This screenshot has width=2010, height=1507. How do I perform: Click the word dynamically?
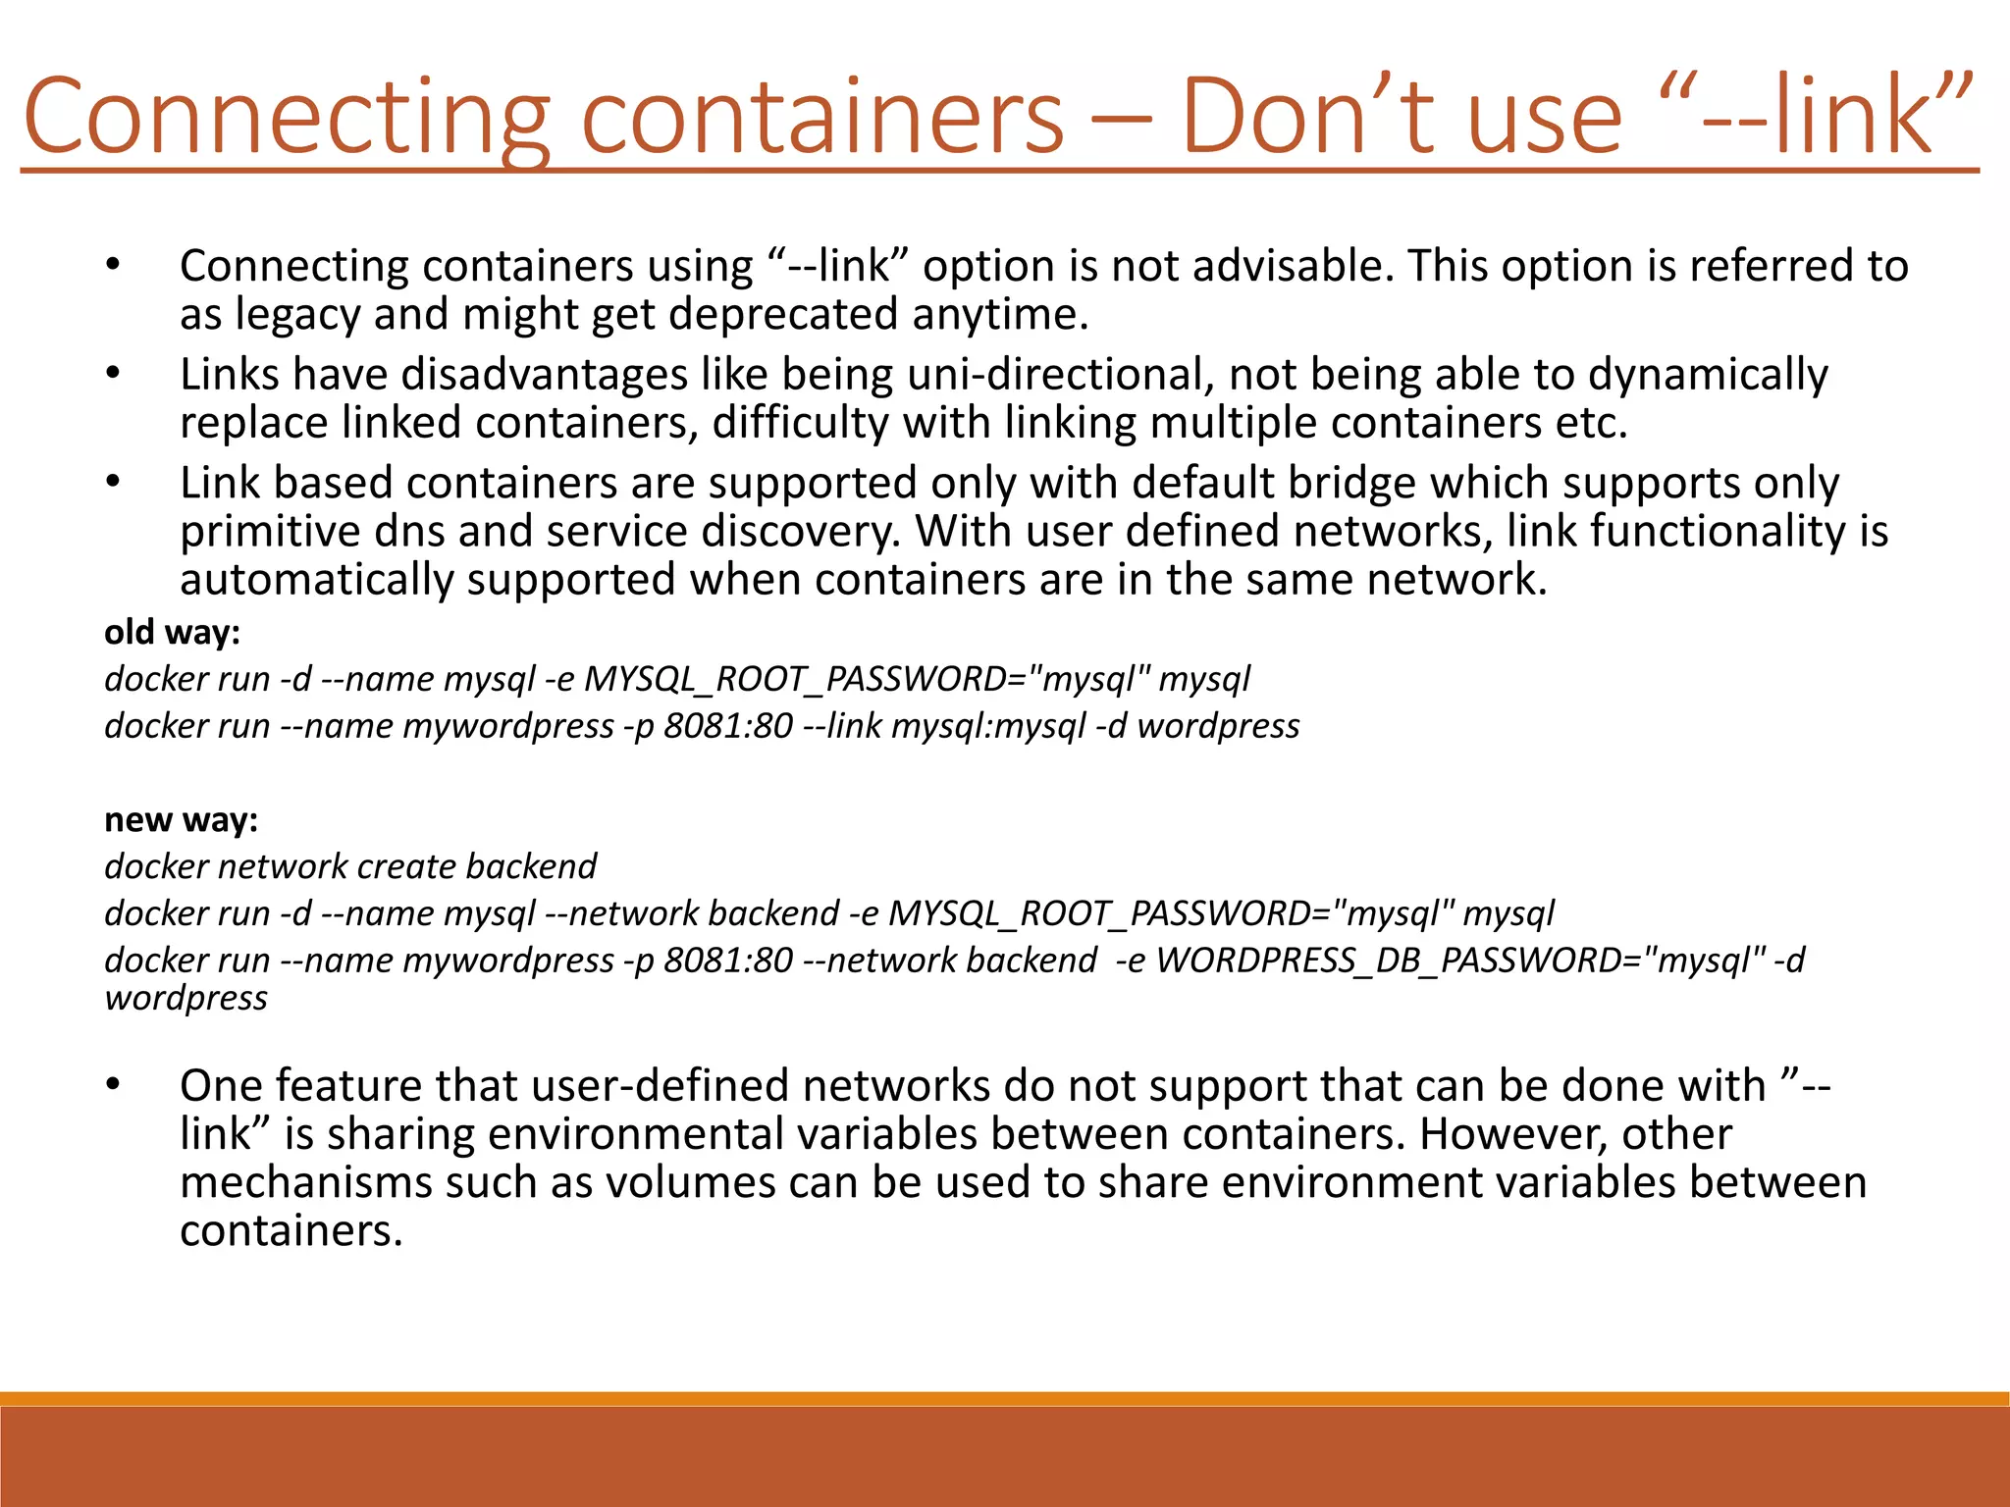click(x=1708, y=375)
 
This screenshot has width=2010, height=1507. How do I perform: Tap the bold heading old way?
click(x=173, y=633)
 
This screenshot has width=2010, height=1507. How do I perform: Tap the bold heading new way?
click(x=182, y=820)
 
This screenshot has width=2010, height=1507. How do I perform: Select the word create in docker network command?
click(x=406, y=866)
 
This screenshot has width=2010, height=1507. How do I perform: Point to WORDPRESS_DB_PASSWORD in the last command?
click(x=1389, y=961)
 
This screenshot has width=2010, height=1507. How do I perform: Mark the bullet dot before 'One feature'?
click(x=113, y=1084)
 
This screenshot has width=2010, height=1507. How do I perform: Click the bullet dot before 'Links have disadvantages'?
click(x=113, y=374)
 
